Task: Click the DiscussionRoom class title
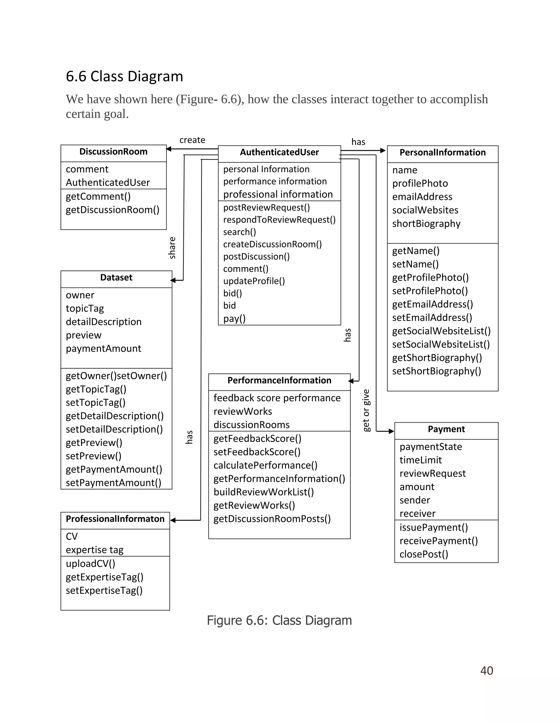(113, 152)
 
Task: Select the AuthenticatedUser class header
(279, 152)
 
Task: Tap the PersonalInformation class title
(442, 153)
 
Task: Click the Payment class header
(446, 429)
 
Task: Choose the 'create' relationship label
(192, 140)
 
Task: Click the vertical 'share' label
(172, 248)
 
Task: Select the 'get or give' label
(366, 411)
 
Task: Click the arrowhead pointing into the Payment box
(391, 431)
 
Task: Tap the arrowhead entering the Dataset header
(173, 280)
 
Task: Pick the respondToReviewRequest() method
(279, 220)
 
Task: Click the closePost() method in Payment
(424, 554)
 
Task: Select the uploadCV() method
(90, 564)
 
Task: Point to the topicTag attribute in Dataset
(85, 309)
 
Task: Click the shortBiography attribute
(426, 224)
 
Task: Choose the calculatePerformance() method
(265, 465)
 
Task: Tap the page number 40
(486, 671)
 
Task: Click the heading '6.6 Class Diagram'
(124, 76)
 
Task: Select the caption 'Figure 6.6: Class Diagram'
(279, 620)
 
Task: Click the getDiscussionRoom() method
(112, 210)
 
